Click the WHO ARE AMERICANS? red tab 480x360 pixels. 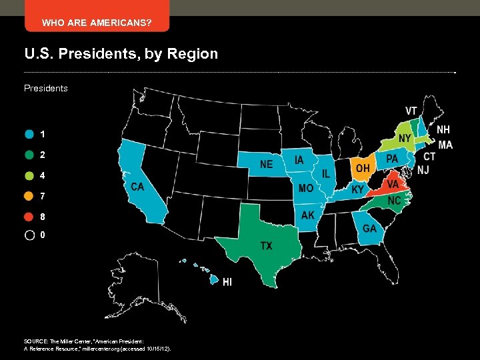(x=97, y=23)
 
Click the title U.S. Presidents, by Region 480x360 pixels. (x=121, y=53)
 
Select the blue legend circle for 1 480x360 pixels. (x=29, y=134)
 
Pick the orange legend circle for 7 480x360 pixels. (x=29, y=196)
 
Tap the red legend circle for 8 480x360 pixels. (x=29, y=217)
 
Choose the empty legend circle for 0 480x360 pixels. (x=29, y=235)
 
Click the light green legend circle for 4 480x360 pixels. (x=29, y=175)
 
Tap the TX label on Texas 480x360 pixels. (x=266, y=246)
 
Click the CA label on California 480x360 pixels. (x=138, y=186)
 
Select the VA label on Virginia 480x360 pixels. (x=393, y=183)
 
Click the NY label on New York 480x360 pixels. (x=404, y=137)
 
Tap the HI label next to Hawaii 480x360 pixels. (x=227, y=283)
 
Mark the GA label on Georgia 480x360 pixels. (x=369, y=228)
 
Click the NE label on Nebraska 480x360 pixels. (x=266, y=164)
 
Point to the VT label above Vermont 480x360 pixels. (x=412, y=111)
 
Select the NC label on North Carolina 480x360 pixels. (x=395, y=200)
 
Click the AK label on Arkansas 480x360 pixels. (x=307, y=215)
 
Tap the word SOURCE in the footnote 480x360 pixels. (x=37, y=341)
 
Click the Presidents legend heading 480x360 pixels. (x=46, y=88)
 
